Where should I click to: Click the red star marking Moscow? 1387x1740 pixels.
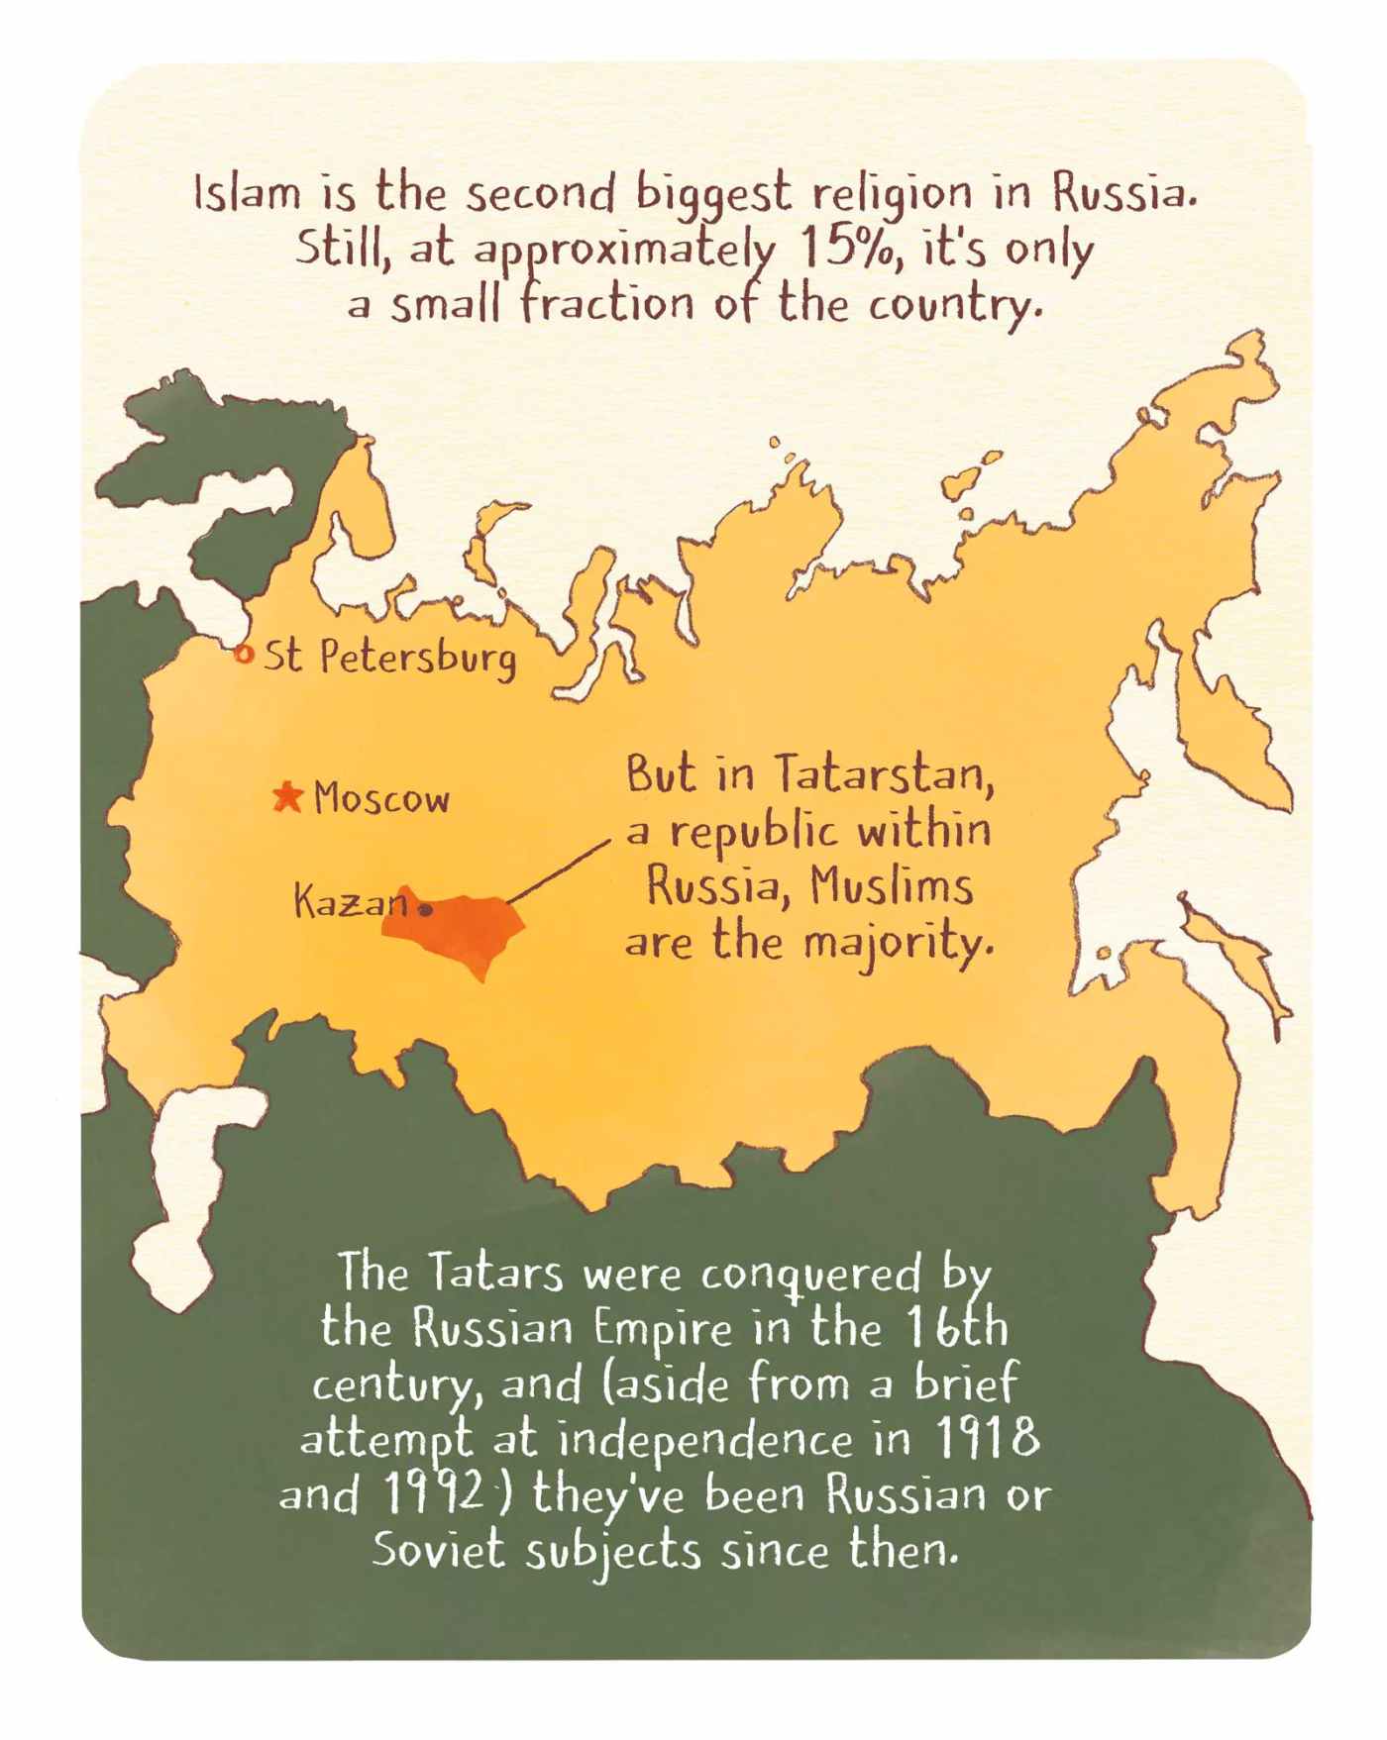click(287, 796)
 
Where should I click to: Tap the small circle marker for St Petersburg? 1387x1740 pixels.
click(243, 654)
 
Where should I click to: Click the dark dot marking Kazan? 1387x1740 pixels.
click(425, 908)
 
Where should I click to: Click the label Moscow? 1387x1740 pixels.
click(381, 798)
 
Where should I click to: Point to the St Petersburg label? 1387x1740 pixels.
click(389, 658)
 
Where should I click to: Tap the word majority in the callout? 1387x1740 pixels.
click(898, 942)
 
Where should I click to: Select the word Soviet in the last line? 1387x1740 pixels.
click(438, 1550)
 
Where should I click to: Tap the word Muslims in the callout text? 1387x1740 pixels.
click(891, 885)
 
